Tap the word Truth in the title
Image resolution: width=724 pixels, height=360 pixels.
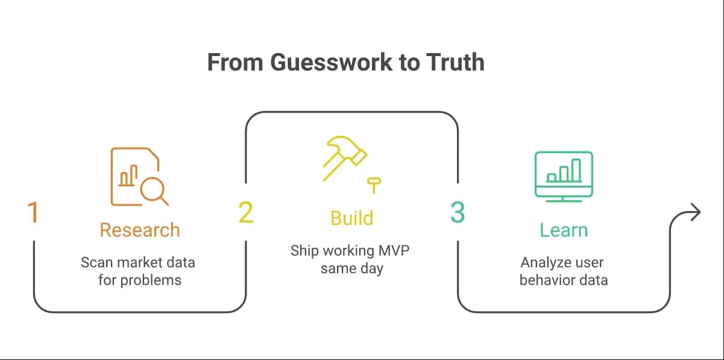(455, 62)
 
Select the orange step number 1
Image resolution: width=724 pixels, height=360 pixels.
(33, 212)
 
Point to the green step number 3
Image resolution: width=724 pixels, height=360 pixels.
(458, 212)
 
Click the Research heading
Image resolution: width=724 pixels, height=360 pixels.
(140, 230)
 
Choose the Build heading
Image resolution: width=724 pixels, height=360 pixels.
(351, 218)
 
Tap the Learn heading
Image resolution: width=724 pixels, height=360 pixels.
(564, 230)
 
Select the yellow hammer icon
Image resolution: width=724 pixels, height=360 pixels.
(345, 158)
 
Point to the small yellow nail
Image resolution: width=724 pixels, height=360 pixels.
(374, 185)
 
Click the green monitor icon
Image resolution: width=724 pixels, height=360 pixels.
(564, 177)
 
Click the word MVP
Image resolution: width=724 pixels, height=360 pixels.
(394, 251)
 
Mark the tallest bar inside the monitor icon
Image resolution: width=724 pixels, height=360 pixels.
(576, 170)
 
